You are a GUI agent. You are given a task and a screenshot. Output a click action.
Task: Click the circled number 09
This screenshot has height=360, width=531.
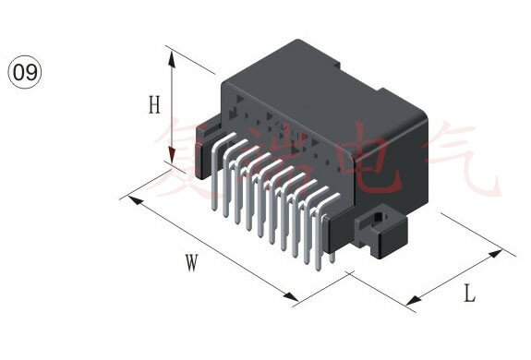coord(24,72)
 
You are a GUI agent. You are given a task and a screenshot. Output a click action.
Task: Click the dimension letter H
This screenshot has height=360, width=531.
coord(154,104)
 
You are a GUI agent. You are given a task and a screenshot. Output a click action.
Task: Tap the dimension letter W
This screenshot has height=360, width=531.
coord(192,263)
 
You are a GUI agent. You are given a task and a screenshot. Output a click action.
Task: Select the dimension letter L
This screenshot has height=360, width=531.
coord(470,294)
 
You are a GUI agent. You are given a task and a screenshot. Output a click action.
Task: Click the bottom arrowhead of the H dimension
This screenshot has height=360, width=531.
coord(173,156)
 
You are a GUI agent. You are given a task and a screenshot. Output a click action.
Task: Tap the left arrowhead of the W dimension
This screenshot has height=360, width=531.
coord(135,199)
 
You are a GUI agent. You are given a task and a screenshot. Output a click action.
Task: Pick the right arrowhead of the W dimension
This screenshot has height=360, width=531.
coord(291,295)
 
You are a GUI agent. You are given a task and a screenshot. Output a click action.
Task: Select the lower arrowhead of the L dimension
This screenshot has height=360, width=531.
coord(414,300)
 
